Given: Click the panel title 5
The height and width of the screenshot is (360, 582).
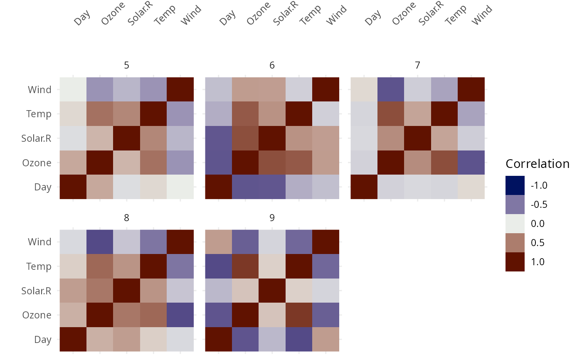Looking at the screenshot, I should point(126,65).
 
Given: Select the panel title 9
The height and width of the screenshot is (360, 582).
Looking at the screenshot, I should point(272,217).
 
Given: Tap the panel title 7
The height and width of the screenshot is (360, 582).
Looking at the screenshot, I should point(417,65).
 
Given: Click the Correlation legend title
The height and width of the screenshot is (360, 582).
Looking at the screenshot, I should point(537,164).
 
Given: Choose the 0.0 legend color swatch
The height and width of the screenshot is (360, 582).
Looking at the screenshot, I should point(515,224).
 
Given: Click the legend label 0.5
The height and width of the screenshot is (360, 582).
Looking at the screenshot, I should point(539,243).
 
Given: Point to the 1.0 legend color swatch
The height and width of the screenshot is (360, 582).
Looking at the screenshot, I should point(515,262).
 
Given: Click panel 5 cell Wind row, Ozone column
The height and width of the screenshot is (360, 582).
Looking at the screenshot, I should point(100,89).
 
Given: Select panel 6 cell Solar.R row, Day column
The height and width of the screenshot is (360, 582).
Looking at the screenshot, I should point(219,138).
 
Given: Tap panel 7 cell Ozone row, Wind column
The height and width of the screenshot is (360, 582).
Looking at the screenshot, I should point(471,163).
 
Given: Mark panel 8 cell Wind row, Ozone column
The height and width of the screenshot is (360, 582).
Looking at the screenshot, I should point(100,242).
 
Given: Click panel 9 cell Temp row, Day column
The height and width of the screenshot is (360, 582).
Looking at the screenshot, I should point(219,266).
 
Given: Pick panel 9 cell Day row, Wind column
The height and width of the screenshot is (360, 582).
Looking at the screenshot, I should point(326,339).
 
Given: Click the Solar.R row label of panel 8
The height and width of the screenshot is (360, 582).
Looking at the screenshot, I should point(37,291).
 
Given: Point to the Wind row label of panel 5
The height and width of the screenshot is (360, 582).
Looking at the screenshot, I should point(39,89).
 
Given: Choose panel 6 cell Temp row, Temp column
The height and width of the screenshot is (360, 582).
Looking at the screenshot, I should point(299,114).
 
